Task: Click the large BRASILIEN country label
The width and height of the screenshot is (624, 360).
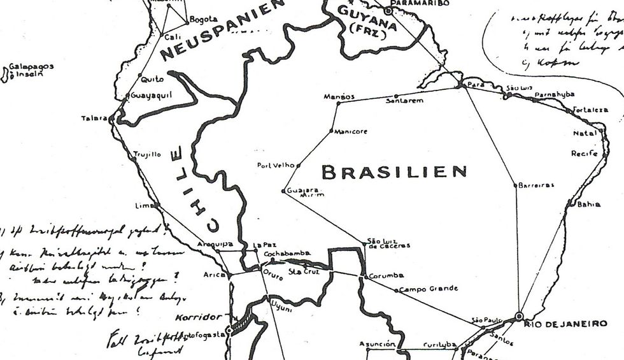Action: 394,171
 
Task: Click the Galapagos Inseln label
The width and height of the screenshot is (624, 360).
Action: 30,70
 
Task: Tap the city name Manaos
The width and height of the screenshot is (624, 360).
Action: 339,96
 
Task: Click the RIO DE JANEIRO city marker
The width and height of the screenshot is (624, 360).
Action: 520,315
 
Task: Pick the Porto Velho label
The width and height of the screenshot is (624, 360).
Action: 276,165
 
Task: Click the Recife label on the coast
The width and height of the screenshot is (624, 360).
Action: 584,154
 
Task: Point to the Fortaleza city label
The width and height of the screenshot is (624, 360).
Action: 590,110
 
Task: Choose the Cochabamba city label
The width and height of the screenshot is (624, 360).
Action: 287,253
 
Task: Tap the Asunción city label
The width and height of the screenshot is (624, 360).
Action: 378,343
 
